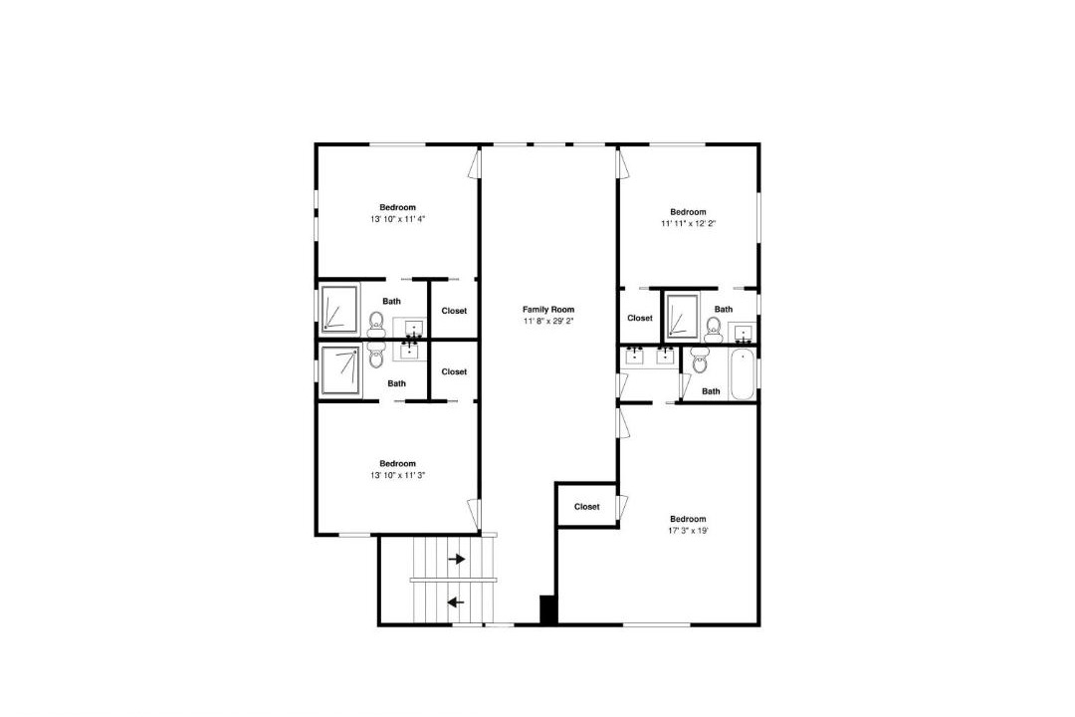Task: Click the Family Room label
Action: [548, 310]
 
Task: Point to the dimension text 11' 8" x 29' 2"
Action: [548, 321]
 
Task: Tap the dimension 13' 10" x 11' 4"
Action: [397, 219]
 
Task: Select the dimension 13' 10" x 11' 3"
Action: [397, 475]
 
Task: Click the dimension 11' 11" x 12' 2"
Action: [689, 224]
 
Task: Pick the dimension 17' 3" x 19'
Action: [689, 531]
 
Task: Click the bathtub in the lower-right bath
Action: [743, 374]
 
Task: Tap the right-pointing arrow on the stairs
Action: [457, 560]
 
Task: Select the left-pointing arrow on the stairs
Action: [455, 602]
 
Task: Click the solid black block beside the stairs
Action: [548, 609]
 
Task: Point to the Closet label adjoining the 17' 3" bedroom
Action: [587, 507]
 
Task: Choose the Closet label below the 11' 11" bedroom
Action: [640, 319]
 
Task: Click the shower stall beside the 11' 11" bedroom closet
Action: [683, 316]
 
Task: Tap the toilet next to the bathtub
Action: [700, 359]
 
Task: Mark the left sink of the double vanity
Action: [635, 356]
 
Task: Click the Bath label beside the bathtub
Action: [711, 391]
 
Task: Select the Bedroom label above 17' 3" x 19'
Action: [689, 520]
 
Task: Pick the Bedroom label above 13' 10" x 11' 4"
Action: [397, 208]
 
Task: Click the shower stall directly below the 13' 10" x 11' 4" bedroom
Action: [340, 309]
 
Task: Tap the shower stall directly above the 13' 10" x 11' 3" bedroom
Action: [340, 370]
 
